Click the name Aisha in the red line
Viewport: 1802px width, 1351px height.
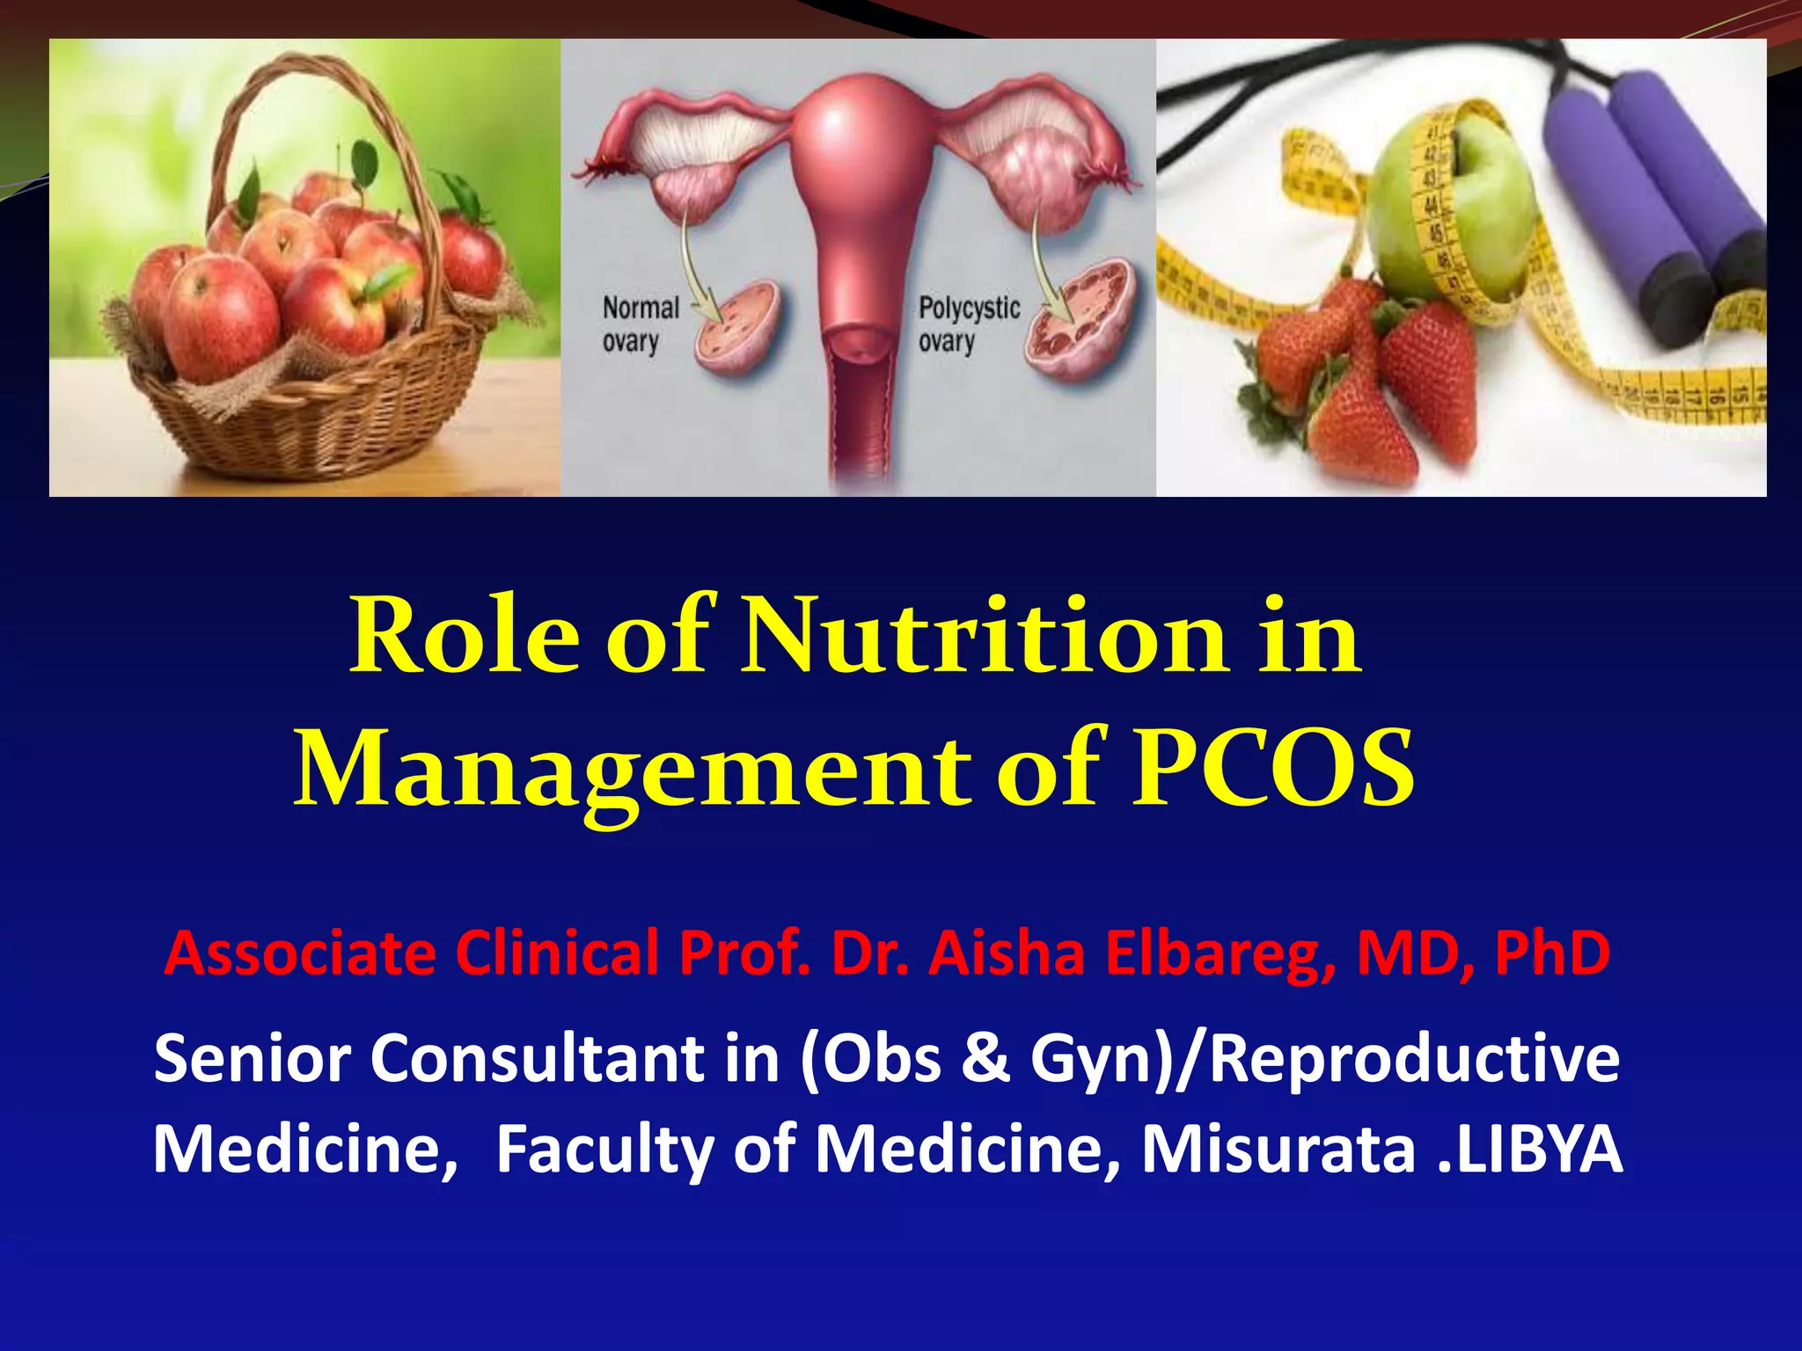coord(1007,953)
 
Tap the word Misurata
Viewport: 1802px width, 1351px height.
coord(1278,1150)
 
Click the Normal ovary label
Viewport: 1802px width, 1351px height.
coord(641,325)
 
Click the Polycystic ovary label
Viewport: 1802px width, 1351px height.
coord(968,325)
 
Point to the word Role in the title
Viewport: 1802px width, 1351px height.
coord(465,638)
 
